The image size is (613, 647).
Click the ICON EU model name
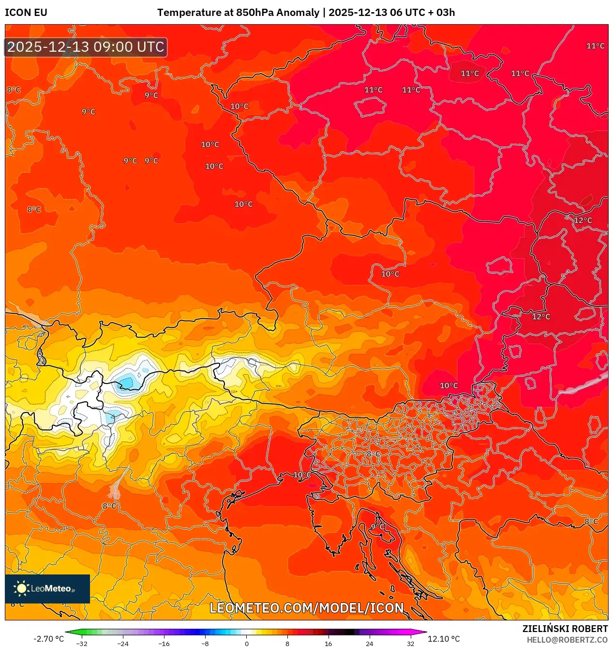point(26,13)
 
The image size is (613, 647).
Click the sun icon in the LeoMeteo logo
point(21,588)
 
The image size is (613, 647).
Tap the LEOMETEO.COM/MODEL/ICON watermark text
point(306,608)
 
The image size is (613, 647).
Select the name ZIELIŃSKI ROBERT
point(565,629)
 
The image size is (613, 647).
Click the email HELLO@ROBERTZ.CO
point(567,640)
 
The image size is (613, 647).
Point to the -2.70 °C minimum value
point(48,639)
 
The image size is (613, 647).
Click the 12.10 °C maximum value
point(444,639)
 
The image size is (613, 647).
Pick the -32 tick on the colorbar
point(82,644)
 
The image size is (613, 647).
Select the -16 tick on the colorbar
point(164,644)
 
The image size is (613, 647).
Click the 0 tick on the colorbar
point(246,644)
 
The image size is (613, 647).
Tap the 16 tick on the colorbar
point(328,644)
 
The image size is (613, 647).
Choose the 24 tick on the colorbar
point(369,644)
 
